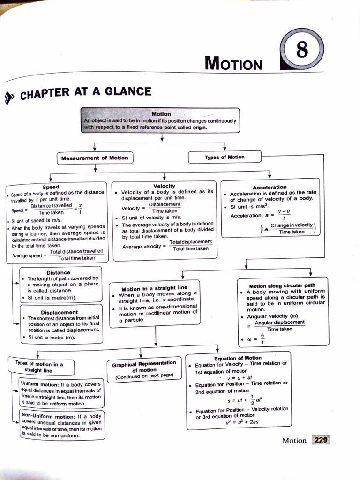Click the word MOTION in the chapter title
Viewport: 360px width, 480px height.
point(233,63)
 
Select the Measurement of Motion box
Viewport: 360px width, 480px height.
point(95,158)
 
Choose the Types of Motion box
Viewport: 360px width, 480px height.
point(224,157)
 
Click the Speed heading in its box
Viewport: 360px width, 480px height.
point(51,187)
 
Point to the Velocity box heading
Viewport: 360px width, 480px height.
point(164,186)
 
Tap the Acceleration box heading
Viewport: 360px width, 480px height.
point(270,187)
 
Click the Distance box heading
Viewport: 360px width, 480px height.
point(58,272)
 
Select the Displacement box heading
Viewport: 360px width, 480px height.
point(60,312)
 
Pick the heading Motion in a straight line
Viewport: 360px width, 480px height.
point(154,288)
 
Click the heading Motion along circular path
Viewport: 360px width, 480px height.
point(282,285)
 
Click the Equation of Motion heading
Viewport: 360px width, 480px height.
point(238,358)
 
